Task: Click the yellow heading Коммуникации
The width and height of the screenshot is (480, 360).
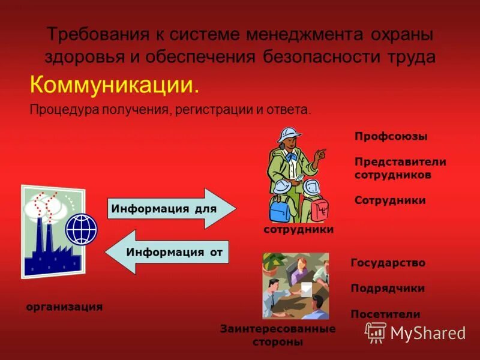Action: coord(114,85)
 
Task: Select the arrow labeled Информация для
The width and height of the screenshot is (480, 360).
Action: coord(172,209)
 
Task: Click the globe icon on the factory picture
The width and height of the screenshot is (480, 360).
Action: coord(81,229)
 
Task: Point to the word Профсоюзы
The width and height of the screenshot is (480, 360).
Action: coord(391,137)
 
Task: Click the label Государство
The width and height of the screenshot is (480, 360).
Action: coord(388,263)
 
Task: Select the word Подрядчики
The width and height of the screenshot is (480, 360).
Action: coord(388,289)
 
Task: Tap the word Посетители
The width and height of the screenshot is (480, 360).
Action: coord(385,314)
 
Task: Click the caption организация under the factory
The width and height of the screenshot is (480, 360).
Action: coord(64,307)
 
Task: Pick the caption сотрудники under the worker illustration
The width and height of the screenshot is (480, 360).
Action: coord(298,229)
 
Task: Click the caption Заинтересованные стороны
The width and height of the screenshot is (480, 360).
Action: coord(278,335)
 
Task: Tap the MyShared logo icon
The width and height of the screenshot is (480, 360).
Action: coord(376,332)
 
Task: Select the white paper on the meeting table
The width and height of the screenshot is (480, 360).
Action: coord(306,289)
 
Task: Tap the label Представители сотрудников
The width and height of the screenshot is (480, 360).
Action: coord(400,168)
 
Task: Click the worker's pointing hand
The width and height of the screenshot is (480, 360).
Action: coord(321,154)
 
